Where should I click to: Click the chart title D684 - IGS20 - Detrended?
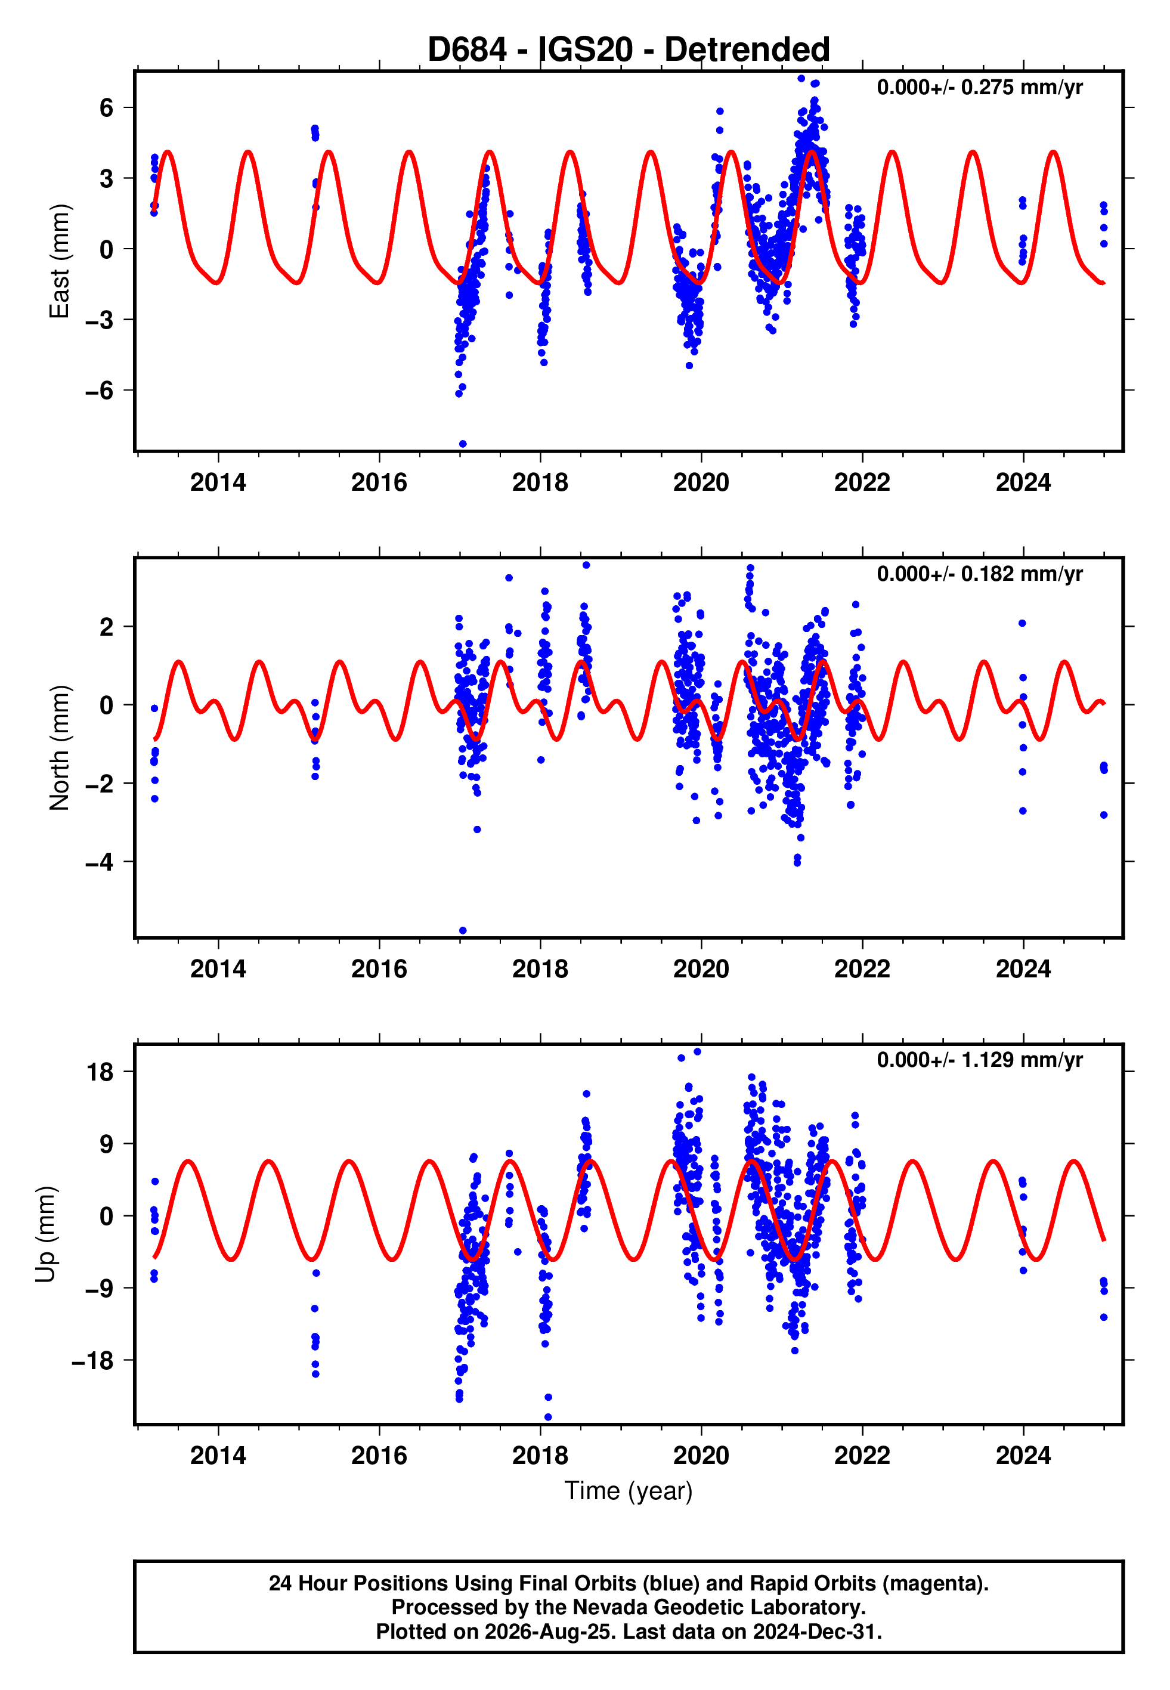[629, 50]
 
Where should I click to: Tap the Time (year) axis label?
[629, 1491]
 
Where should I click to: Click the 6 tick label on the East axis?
[107, 108]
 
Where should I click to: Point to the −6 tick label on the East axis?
[100, 391]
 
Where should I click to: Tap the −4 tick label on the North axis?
[100, 862]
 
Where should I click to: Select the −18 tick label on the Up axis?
[93, 1360]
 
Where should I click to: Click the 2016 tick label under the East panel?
[379, 482]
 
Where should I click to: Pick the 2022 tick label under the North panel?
[862, 969]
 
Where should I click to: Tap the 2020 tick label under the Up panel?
[701, 1456]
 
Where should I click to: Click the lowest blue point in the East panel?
[463, 444]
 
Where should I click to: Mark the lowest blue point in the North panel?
[463, 931]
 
